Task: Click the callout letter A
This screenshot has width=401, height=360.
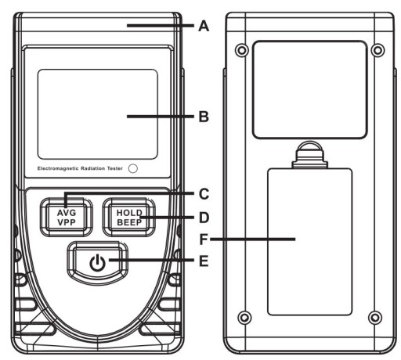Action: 204,27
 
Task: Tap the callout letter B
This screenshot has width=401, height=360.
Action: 204,117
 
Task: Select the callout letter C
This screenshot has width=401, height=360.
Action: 204,194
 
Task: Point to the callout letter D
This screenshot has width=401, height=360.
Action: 204,218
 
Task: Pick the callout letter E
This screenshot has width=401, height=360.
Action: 204,261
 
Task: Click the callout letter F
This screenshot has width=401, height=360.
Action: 204,239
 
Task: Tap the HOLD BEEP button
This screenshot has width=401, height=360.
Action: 129,218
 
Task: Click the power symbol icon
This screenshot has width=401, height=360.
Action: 98,263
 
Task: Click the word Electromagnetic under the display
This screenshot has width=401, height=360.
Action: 58,168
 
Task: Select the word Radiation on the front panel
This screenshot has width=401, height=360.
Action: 92,168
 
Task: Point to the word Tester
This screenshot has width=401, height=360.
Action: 115,168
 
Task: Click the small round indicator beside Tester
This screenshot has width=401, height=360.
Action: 133,168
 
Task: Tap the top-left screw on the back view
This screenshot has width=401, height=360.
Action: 242,49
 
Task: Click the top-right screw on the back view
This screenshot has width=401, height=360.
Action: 378,49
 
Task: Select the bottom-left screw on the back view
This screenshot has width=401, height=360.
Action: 244,318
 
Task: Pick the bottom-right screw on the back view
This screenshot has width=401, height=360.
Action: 375,318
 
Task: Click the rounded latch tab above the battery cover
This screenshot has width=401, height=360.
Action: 309,154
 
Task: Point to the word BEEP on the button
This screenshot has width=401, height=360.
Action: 129,222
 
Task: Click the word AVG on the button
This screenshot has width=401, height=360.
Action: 67,213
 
